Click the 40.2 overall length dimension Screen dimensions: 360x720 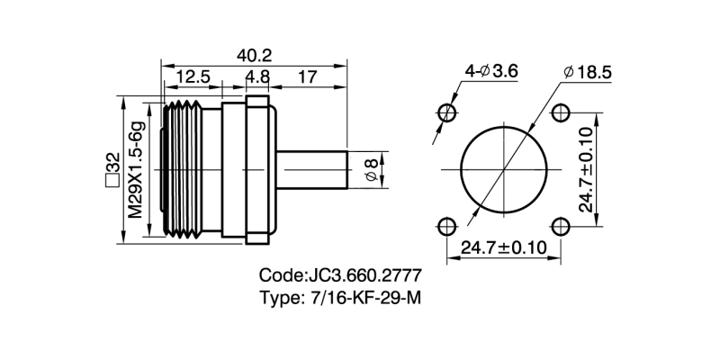[x=255, y=54]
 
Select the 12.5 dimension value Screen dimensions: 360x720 [x=193, y=77]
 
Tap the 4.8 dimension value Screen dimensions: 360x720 [x=257, y=77]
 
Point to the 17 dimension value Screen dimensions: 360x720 [x=307, y=77]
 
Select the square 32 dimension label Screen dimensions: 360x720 [x=112, y=168]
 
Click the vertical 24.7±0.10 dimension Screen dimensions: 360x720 [x=586, y=168]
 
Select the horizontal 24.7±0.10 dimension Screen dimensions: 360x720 [x=503, y=247]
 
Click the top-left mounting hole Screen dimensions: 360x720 [x=446, y=112]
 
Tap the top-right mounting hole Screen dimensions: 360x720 [x=560, y=112]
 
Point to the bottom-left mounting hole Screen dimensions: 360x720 [x=446, y=225]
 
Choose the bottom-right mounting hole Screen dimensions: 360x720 [x=560, y=225]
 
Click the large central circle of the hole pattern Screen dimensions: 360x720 [x=503, y=169]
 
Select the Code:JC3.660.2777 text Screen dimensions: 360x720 [x=340, y=275]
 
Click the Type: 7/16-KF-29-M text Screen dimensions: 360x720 [x=340, y=298]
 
